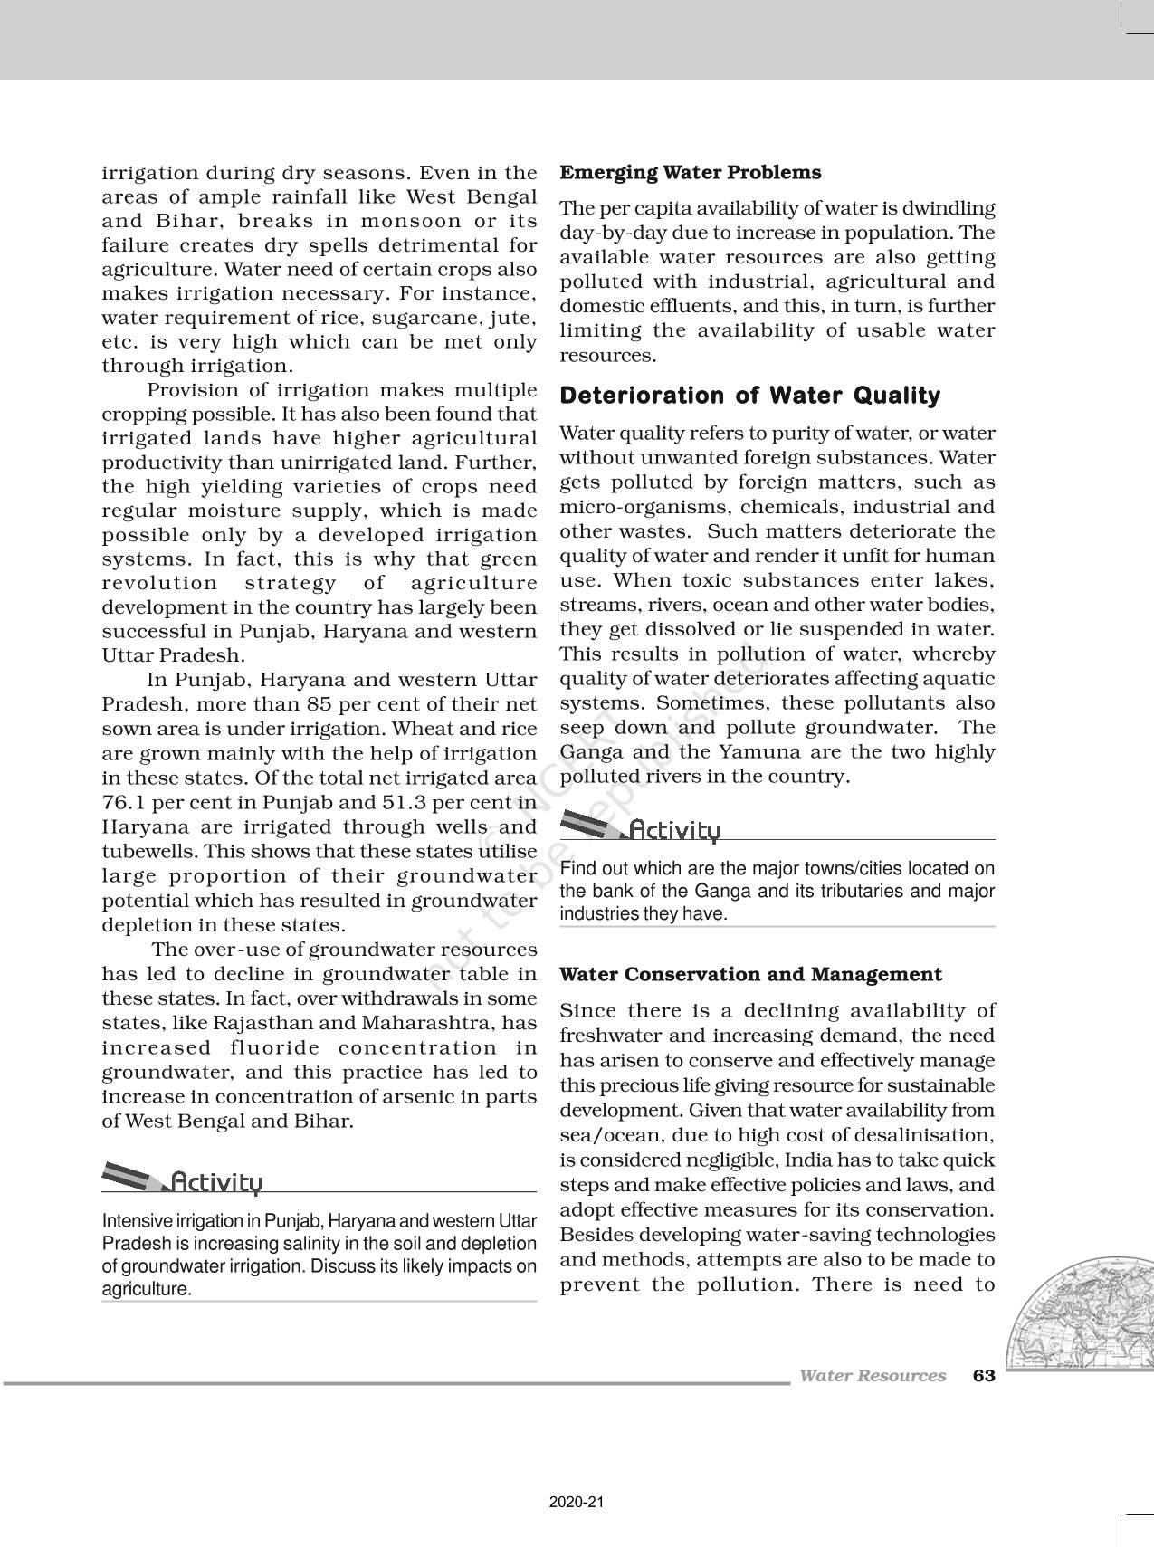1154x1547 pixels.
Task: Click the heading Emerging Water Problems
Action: coord(691,173)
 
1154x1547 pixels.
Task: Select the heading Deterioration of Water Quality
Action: coord(750,396)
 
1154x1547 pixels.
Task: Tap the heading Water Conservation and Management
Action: coord(750,975)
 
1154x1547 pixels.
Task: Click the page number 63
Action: coord(984,1376)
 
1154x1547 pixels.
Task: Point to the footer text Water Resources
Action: coord(873,1376)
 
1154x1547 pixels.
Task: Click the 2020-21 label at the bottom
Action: coord(577,1503)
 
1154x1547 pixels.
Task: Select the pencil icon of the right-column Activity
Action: coord(591,825)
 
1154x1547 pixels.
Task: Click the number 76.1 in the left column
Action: coord(125,802)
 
